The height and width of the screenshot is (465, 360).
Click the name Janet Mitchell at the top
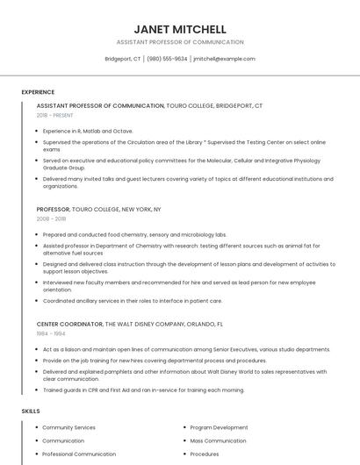[x=180, y=29]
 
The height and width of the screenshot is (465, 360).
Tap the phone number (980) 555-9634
[x=167, y=59]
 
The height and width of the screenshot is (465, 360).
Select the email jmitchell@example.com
[x=224, y=59]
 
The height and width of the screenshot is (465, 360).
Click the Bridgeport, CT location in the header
[x=123, y=59]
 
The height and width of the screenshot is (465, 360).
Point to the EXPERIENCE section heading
[x=38, y=92]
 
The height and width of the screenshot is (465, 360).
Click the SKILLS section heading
[x=30, y=411]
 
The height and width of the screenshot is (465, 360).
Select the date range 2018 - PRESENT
[x=55, y=115]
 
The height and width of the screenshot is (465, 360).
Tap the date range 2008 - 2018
[x=51, y=219]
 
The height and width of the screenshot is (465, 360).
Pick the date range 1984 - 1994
[x=51, y=333]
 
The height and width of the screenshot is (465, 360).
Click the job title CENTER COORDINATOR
[x=69, y=324]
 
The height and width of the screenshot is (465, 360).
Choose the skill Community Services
[x=69, y=427]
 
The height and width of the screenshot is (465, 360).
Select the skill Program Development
[x=220, y=427]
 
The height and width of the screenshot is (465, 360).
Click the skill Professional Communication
[x=79, y=454]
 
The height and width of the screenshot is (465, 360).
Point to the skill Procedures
[x=205, y=454]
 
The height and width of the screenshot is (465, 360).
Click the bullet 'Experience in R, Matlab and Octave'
[x=88, y=131]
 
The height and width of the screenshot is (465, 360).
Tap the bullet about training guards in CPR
[x=143, y=390]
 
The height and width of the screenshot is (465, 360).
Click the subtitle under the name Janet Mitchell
[x=180, y=42]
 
